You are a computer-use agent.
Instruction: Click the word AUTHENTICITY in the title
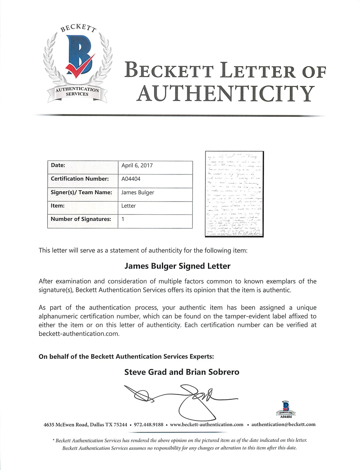225,94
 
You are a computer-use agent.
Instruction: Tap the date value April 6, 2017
137,166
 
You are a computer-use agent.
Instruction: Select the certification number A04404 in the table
131,179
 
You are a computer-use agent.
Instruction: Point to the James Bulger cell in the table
138,192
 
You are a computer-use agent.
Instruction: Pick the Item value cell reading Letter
128,206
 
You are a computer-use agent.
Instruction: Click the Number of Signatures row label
81,219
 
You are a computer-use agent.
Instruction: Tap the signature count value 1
123,220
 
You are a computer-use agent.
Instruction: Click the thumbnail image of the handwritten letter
234,194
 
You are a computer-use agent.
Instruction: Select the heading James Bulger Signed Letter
178,266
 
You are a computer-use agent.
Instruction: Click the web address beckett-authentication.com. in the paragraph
79,334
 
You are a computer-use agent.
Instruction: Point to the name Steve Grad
145,372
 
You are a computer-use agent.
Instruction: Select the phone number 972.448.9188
149,424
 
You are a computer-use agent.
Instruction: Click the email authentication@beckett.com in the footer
283,424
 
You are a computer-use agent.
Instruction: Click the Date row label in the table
58,166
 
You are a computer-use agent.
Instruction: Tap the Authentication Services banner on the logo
77,92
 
